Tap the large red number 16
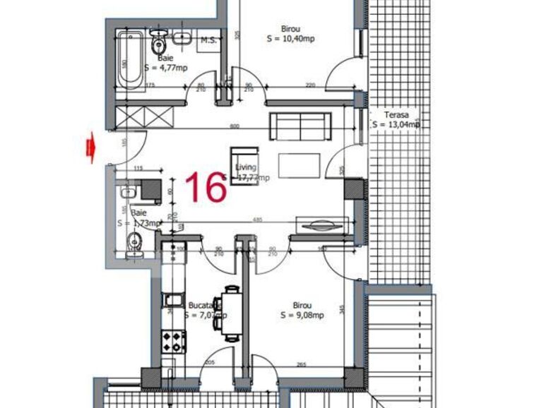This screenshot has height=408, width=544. (x=205, y=187)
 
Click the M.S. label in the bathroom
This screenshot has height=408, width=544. (x=208, y=40)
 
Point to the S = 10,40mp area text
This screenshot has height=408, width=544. (x=290, y=39)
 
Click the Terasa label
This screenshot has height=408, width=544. (x=396, y=114)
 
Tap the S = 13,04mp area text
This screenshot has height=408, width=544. (x=396, y=125)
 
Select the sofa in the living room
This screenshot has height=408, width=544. (x=301, y=126)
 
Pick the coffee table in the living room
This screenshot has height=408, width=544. (x=300, y=166)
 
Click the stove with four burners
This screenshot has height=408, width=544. (x=174, y=342)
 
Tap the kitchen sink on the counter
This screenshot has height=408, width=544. (x=172, y=303)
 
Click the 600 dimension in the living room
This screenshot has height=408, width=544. (x=235, y=126)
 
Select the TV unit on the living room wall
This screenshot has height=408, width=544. (x=320, y=226)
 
